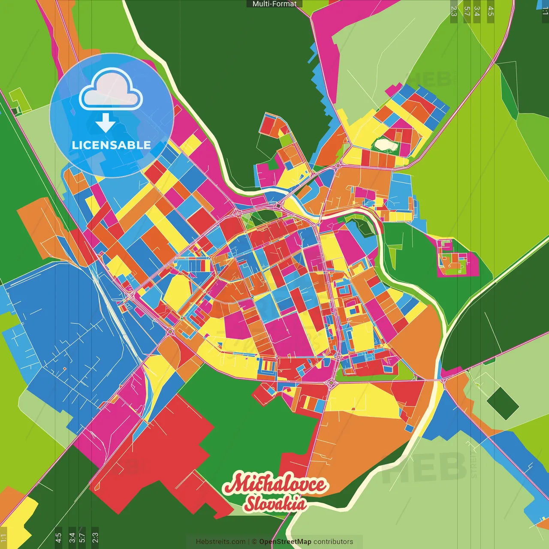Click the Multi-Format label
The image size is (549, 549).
pos(274,4)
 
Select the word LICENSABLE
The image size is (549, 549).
pos(112,145)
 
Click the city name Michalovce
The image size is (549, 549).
pos(275,485)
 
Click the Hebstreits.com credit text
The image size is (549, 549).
pos(220,542)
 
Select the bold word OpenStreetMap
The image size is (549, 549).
pos(285,542)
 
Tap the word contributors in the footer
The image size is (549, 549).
pos(333,542)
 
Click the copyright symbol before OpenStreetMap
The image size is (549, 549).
pos(254,542)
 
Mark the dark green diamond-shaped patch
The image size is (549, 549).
pos(503,403)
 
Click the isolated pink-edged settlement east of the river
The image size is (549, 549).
pos(456,257)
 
